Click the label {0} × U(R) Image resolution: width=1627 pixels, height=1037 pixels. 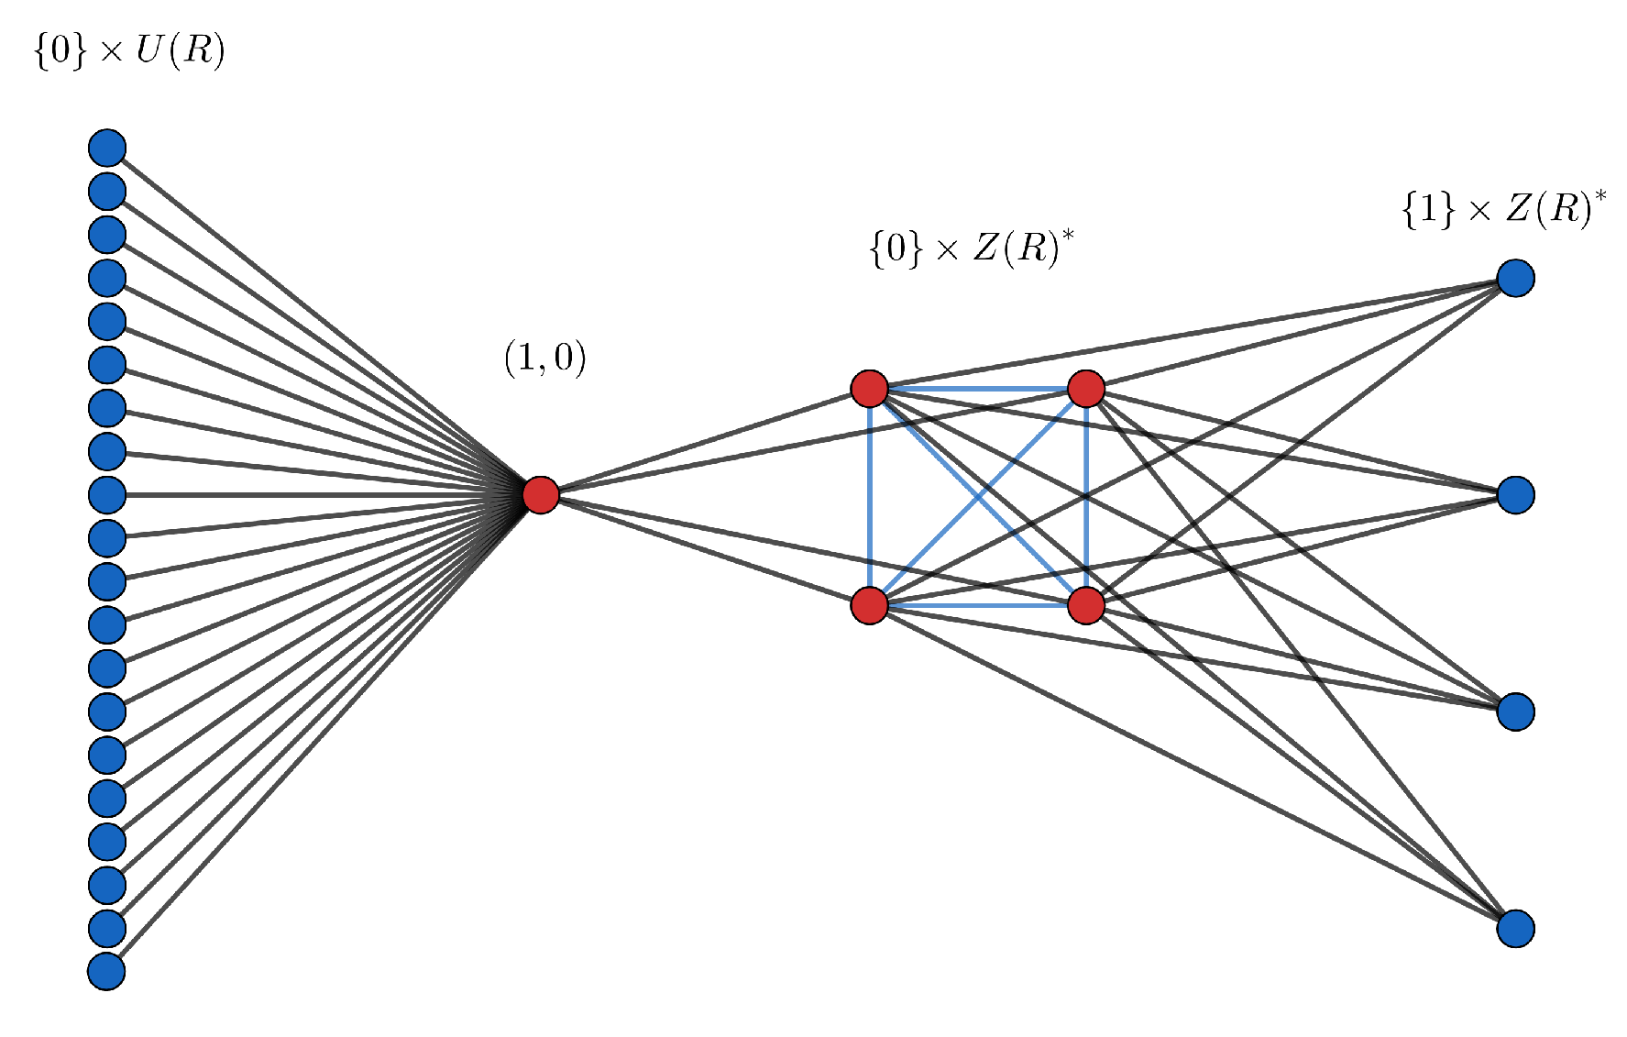pyautogui.click(x=129, y=50)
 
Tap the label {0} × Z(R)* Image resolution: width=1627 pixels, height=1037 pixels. pyautogui.click(x=971, y=248)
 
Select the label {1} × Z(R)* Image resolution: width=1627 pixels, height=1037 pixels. pyautogui.click(x=1503, y=209)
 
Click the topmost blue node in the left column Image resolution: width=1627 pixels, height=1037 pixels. pyautogui.click(x=107, y=148)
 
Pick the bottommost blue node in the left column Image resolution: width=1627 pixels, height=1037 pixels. pyautogui.click(x=107, y=971)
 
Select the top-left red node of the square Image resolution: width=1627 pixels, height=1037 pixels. pyautogui.click(x=869, y=389)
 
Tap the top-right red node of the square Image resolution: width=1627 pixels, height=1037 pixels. pyautogui.click(x=1086, y=389)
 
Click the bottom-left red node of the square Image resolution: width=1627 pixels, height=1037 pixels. pyautogui.click(x=869, y=605)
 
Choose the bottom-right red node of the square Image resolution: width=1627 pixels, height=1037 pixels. pyautogui.click(x=1086, y=605)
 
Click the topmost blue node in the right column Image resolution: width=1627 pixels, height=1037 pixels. pyautogui.click(x=1516, y=278)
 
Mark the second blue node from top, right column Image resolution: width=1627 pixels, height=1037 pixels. pyautogui.click(x=1516, y=495)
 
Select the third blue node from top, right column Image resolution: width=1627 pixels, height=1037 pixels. pyautogui.click(x=1516, y=712)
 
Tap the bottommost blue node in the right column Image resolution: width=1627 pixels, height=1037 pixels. pyautogui.click(x=1516, y=928)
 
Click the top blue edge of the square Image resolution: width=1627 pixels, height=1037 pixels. pyautogui.click(x=977, y=390)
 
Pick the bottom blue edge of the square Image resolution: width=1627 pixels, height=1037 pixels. pyautogui.click(x=977, y=606)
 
